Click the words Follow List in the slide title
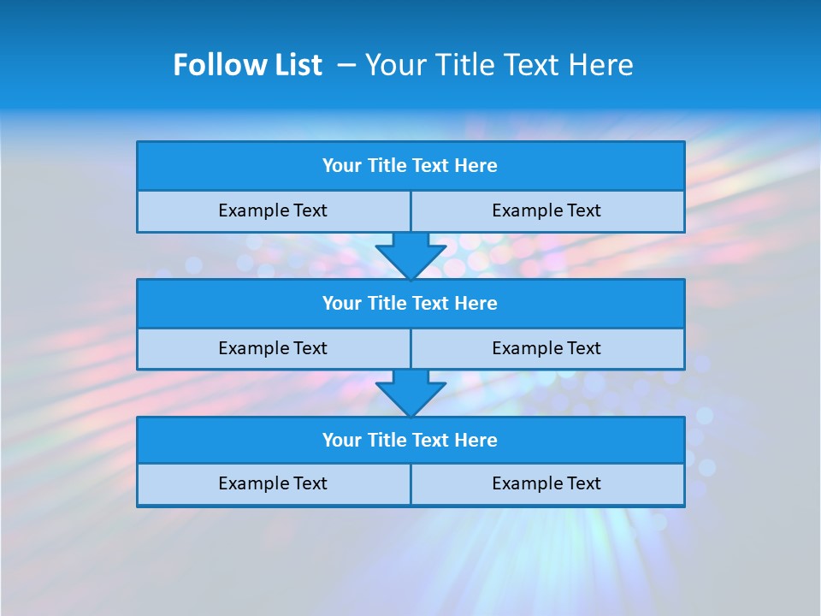247,65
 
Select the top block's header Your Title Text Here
410,166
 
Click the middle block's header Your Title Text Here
410,304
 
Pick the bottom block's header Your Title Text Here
410,441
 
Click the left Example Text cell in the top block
273,211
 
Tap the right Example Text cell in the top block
546,211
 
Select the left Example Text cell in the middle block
273,349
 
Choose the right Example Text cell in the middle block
546,349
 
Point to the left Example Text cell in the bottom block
273,484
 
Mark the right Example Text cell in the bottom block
546,484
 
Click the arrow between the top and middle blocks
410,255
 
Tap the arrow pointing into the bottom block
410,393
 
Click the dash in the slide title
346,65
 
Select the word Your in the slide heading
393,65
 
